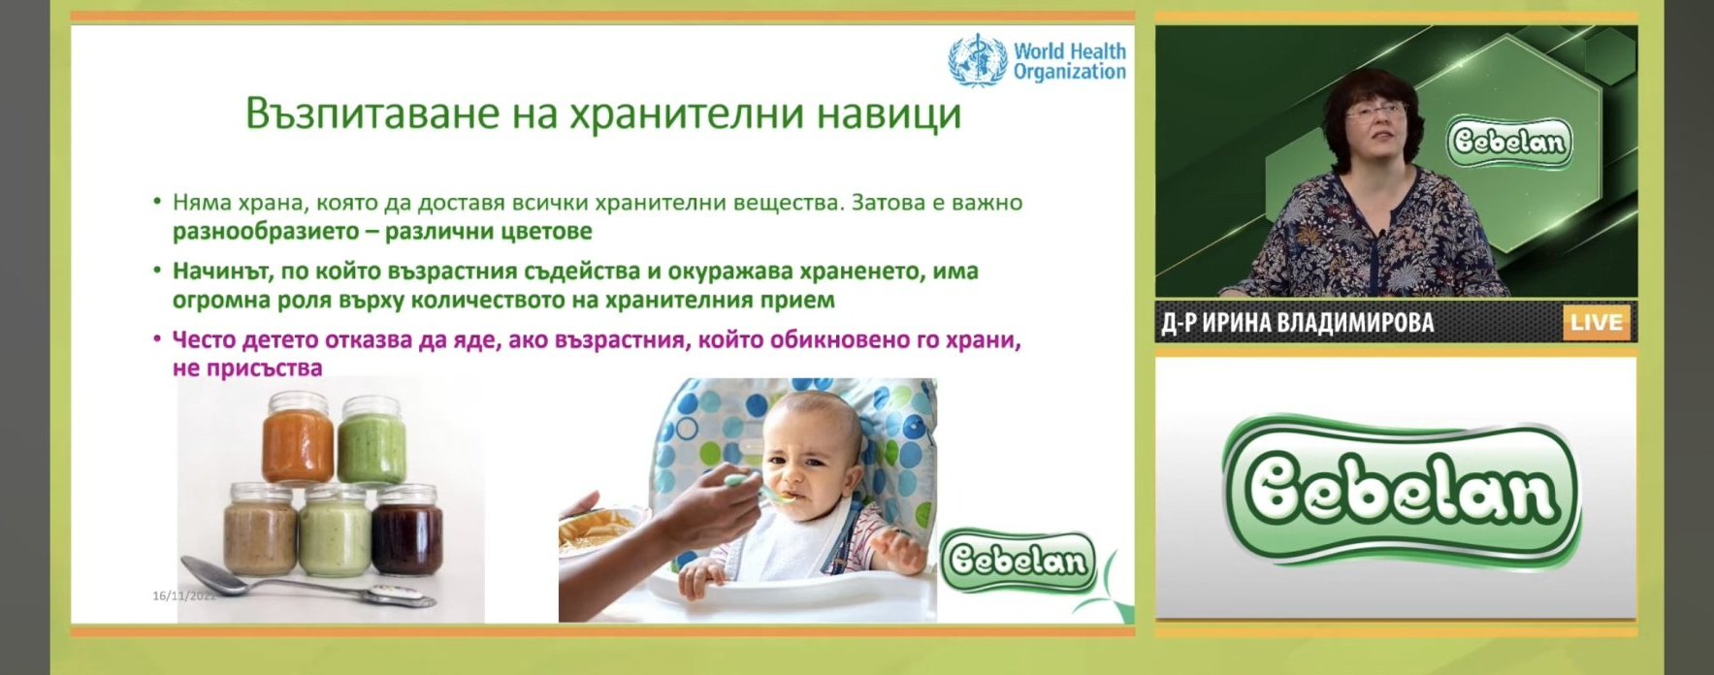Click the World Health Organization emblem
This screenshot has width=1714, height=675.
[977, 59]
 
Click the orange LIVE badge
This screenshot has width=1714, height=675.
[1595, 323]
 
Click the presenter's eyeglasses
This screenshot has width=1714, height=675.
[1375, 112]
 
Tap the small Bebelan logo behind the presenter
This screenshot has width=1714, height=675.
[1508, 143]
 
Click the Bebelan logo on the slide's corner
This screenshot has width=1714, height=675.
[1019, 560]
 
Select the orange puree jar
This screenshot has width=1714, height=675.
[298, 437]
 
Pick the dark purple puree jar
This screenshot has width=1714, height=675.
[408, 530]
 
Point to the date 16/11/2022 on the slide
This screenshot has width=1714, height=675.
[184, 595]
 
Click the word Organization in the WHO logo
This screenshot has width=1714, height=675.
[1070, 72]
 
